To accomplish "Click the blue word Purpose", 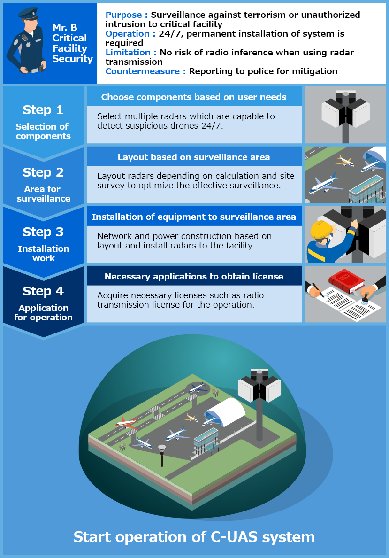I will point(124,15).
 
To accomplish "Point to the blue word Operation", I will point(127,34).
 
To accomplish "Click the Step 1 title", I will point(43,110).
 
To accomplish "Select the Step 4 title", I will point(43,291).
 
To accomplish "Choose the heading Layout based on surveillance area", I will point(194,157).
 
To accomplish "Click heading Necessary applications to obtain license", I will point(194,276).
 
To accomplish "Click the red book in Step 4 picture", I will point(346,281).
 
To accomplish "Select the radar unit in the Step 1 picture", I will point(345,113).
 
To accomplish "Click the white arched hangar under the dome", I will point(226,411).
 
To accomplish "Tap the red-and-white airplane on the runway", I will point(125,421).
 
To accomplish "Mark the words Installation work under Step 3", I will point(43,253).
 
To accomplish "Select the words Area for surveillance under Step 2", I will point(43,194).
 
